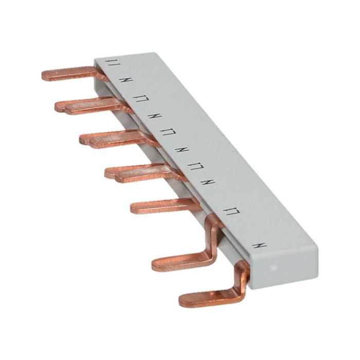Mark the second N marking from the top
click(x=153, y=115)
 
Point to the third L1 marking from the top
click(x=167, y=133)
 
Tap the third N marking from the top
click(x=181, y=151)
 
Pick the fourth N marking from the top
click(x=209, y=183)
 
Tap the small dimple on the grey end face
click(x=273, y=267)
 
